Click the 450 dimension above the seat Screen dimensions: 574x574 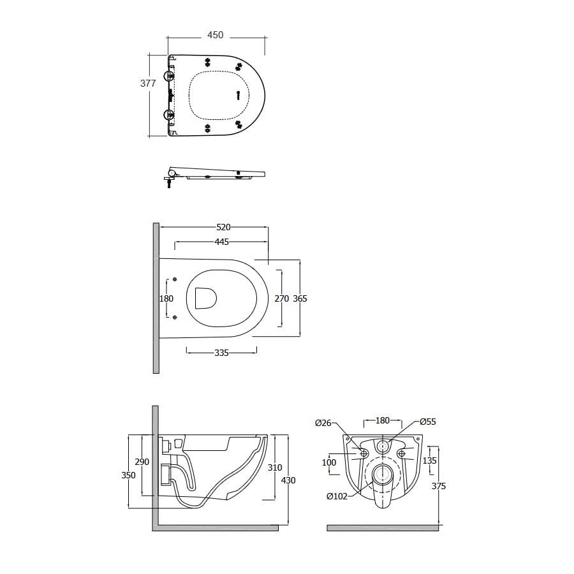tap(216, 35)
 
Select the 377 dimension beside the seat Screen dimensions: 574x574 tap(148, 84)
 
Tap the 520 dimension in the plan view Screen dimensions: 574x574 tap(223, 227)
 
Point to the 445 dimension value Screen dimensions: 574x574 tap(222, 242)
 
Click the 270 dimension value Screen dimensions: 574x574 tap(282, 298)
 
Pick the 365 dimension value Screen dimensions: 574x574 tap(300, 298)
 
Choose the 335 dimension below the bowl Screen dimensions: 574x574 tap(221, 353)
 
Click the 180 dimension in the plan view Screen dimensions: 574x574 tap(166, 298)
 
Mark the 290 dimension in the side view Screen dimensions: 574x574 tap(142, 462)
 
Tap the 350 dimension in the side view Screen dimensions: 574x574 tap(128, 475)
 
